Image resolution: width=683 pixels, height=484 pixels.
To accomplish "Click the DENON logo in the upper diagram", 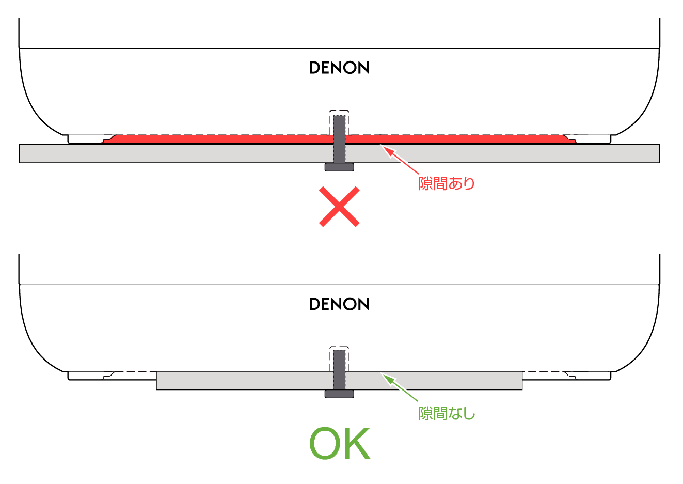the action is coord(339,68).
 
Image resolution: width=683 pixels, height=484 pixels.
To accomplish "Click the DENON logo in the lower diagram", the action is coord(339,304).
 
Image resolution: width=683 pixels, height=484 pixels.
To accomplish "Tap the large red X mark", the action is coord(339,207).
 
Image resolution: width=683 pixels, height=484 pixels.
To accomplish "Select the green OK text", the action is coord(340,443).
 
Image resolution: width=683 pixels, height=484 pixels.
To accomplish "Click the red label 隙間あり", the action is coord(447,183).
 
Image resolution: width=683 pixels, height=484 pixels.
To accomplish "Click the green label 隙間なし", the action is coord(447,414).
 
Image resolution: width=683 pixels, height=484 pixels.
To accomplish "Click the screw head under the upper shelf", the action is coord(339,167).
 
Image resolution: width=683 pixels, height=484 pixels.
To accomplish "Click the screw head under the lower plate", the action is coord(339,394).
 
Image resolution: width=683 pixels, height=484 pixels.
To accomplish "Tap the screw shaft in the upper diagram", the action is coord(339,139).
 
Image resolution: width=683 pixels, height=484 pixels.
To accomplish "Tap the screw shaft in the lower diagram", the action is coord(339,370).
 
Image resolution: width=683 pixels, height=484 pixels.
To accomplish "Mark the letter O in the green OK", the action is coord(324,443).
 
